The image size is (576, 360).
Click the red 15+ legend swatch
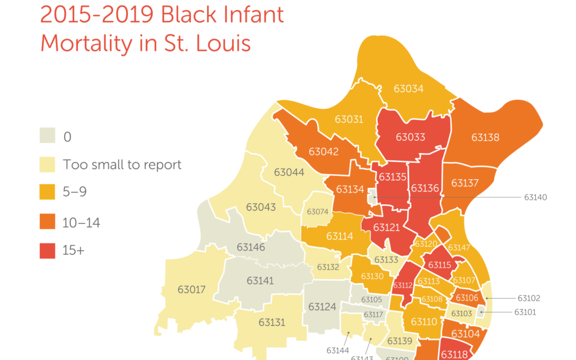[x=47, y=251]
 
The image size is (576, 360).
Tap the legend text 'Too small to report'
[x=122, y=164]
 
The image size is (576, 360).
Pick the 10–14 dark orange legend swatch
[x=47, y=222]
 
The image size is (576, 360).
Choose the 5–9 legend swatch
[x=47, y=193]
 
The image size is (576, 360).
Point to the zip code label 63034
[x=409, y=89]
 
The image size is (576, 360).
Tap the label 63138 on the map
[x=485, y=138]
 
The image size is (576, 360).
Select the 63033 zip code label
[x=411, y=137]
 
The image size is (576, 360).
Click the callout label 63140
[x=535, y=197]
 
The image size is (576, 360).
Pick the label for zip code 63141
[x=260, y=281]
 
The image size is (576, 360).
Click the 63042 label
[x=323, y=151]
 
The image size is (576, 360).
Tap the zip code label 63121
[x=386, y=228]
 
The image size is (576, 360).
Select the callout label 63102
[x=529, y=299]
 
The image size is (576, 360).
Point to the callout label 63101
[x=525, y=313]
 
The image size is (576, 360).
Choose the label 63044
[x=289, y=172]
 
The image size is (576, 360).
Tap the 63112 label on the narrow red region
[x=403, y=285]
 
